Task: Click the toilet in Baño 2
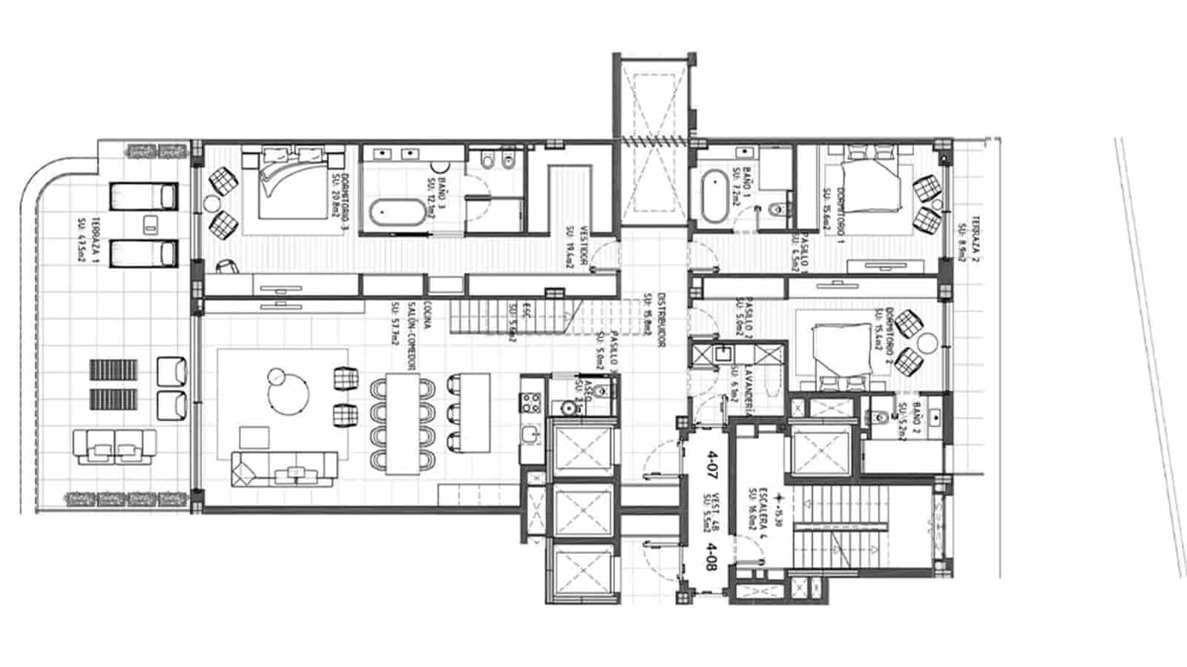click(881, 417)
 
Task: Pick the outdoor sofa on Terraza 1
click(115, 448)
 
